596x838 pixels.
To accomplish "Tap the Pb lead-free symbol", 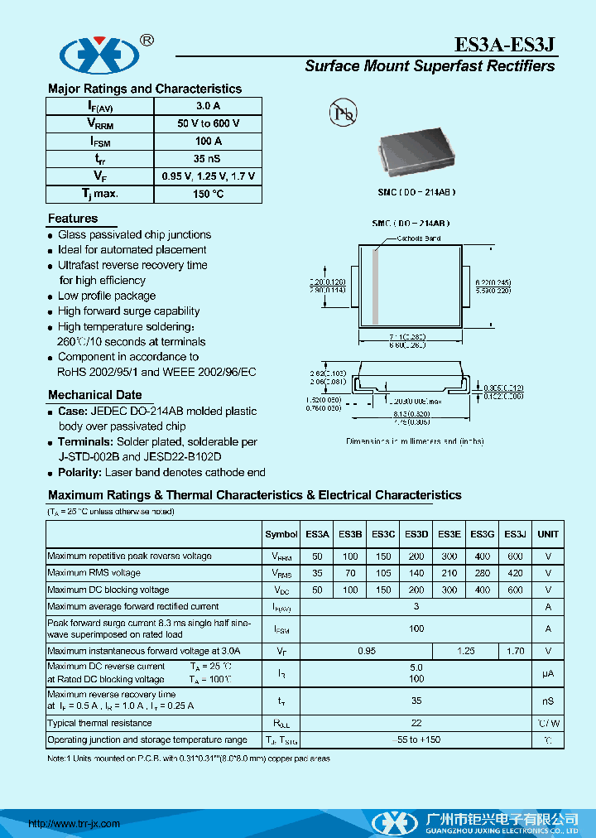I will (x=342, y=113).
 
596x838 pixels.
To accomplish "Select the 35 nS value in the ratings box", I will (x=208, y=158).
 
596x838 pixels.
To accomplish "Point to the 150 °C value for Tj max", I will (x=208, y=194).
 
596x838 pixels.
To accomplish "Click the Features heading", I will (x=73, y=219).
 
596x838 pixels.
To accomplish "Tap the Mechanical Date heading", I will (x=94, y=395).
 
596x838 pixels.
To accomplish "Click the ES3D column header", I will (x=416, y=534).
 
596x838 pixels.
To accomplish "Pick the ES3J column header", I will (x=515, y=534).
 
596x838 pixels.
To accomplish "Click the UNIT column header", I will (x=547, y=534).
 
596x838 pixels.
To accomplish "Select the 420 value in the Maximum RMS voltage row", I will (x=515, y=573).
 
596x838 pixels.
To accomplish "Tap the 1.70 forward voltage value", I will (x=515, y=651).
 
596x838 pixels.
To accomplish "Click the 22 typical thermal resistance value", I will (x=416, y=722).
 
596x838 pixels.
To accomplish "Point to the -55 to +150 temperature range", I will (x=416, y=739).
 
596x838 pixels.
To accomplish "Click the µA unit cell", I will (x=547, y=674).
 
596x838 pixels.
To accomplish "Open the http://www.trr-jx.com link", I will (x=74, y=824).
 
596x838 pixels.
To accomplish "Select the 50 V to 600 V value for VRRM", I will (x=208, y=123).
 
